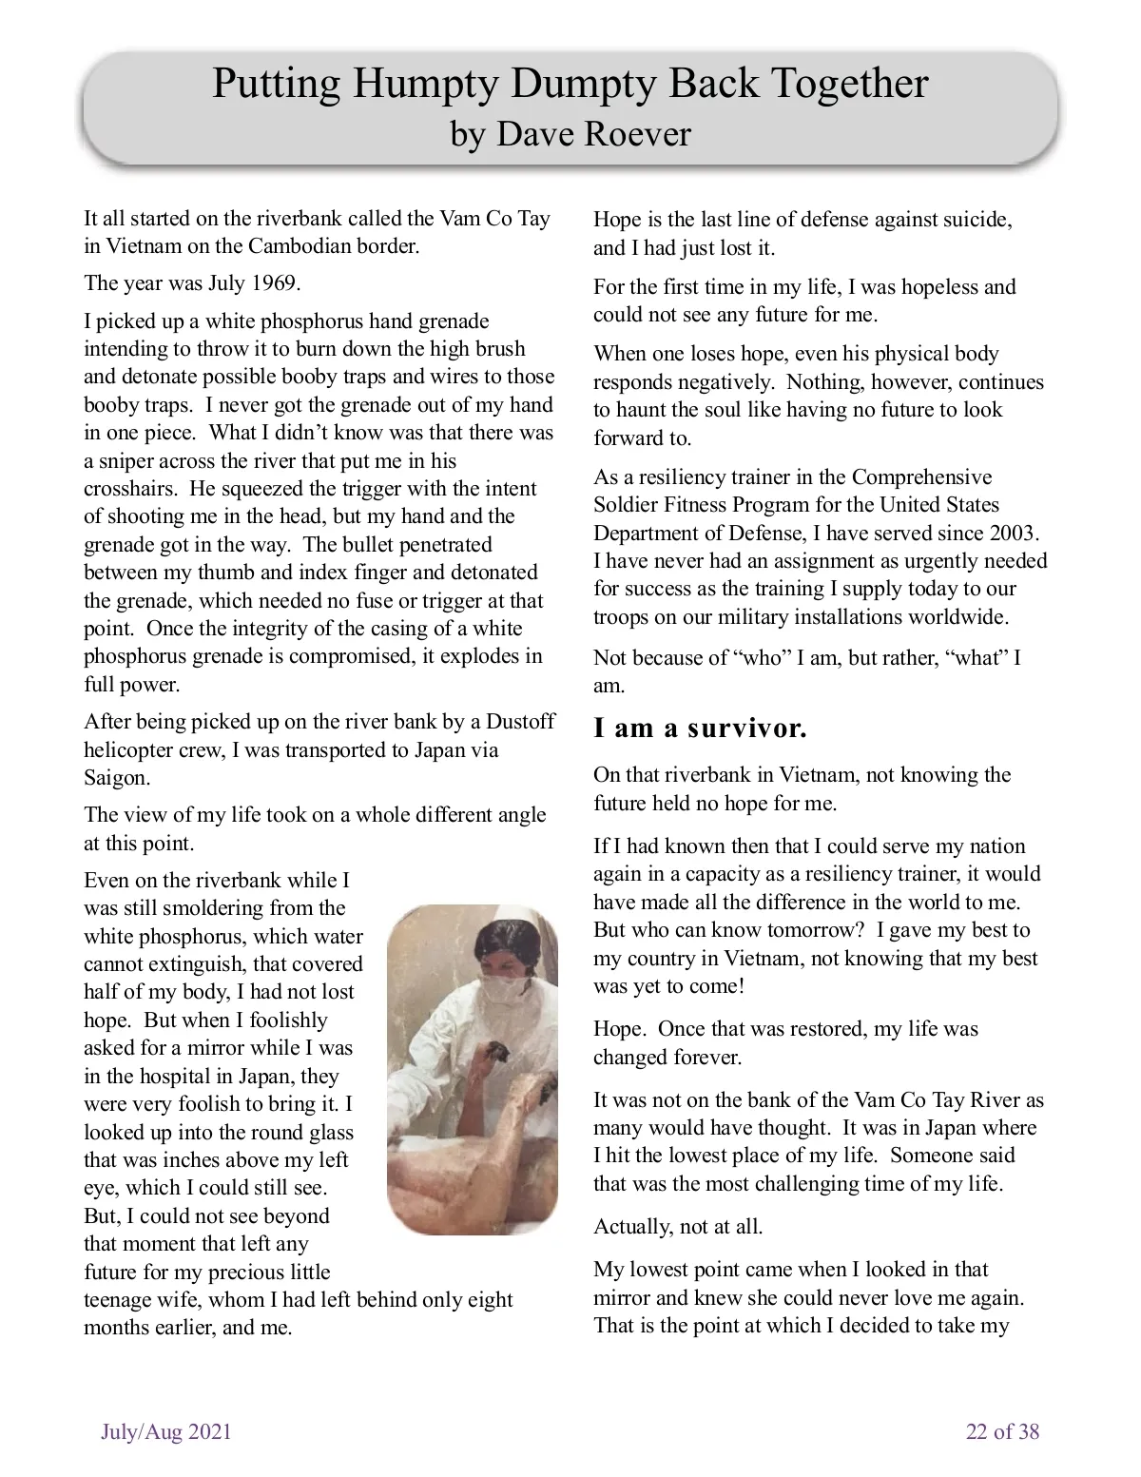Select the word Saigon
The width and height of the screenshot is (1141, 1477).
click(116, 778)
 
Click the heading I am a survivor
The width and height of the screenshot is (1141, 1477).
click(700, 729)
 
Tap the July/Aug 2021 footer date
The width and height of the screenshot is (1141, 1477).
click(166, 1431)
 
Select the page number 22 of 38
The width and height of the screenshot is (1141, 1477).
click(1002, 1431)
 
